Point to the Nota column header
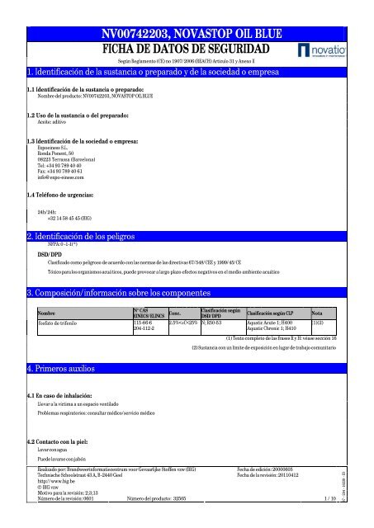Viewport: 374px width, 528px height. (x=318, y=312)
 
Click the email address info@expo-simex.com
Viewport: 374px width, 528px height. (x=54, y=177)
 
